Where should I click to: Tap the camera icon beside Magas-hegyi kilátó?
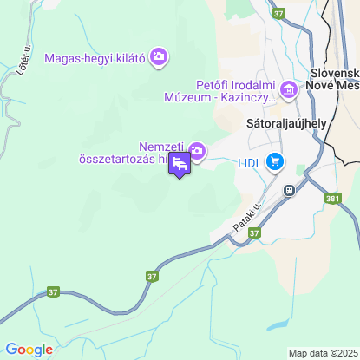pyautogui.click(x=159, y=57)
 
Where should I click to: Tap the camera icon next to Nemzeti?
pyautogui.click(x=197, y=152)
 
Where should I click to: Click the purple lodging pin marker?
pyautogui.click(x=180, y=164)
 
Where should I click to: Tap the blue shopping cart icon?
pyautogui.click(x=275, y=160)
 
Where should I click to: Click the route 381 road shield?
pyautogui.click(x=333, y=198)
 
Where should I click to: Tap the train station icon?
pyautogui.click(x=286, y=190)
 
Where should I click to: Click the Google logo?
pyautogui.click(x=29, y=350)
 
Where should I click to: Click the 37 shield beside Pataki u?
pyautogui.click(x=253, y=232)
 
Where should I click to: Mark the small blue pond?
pyautogui.click(x=278, y=325)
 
